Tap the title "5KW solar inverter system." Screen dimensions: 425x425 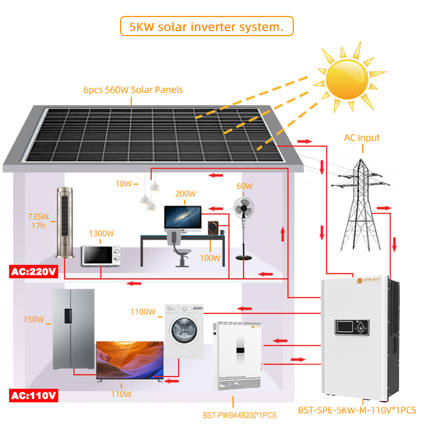pyautogui.click(x=207, y=25)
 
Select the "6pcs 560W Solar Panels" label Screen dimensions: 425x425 pyautogui.click(x=140, y=90)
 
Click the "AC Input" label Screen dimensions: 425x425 pyautogui.click(x=362, y=138)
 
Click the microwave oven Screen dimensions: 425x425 pyautogui.click(x=100, y=256)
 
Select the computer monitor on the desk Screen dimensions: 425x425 pyautogui.click(x=182, y=218)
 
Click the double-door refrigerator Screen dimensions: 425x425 pyautogui.click(x=73, y=329)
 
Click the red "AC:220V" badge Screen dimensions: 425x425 pyautogui.click(x=33, y=273)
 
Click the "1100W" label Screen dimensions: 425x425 pyautogui.click(x=143, y=312)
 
